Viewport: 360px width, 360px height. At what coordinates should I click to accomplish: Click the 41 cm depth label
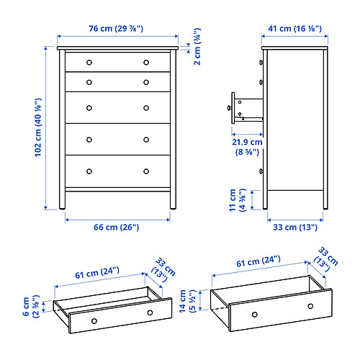pos(295,29)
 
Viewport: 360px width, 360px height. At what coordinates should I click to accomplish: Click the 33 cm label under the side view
pos(295,227)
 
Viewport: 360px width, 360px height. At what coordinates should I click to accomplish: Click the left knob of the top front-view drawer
pos(89,62)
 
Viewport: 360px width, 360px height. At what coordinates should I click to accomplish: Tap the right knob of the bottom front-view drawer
pos(145,171)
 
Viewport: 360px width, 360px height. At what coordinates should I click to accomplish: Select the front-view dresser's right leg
pos(171,199)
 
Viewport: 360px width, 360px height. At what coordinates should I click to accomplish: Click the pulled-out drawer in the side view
pos(243,106)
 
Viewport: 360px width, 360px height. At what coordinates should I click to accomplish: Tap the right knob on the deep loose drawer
pos(310,306)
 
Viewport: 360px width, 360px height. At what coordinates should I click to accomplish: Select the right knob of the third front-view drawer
pos(145,109)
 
